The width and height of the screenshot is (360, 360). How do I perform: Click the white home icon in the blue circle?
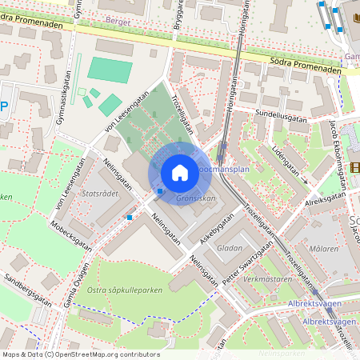(x=180, y=173)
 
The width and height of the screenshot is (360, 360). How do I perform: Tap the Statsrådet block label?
(x=101, y=193)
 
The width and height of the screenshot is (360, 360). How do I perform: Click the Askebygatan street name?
(x=217, y=228)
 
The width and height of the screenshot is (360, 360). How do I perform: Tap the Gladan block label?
(x=230, y=248)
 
